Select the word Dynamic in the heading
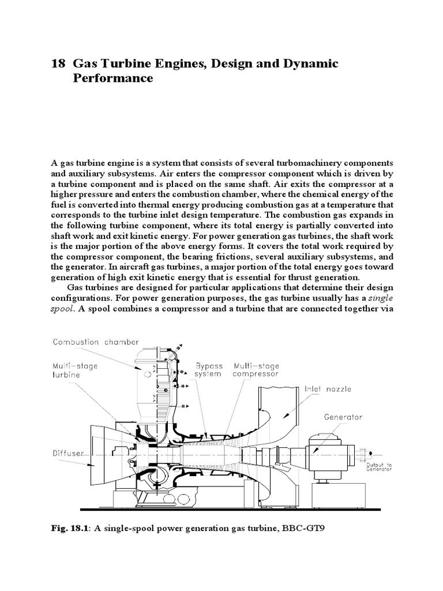click(x=310, y=63)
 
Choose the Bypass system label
click(x=208, y=369)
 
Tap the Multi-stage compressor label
click(x=256, y=369)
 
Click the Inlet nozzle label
click(x=328, y=389)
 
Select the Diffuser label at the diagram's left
click(x=68, y=453)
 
